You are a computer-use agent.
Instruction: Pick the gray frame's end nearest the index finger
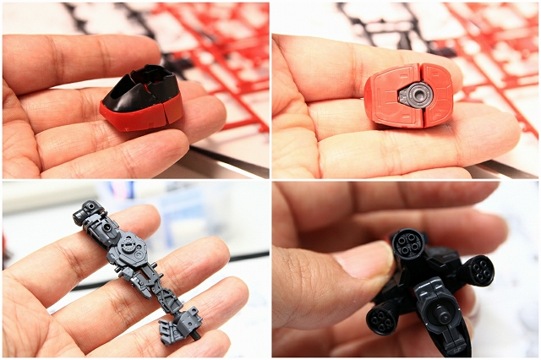(x=90, y=211)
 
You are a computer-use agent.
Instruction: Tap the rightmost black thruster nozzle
(x=478, y=271)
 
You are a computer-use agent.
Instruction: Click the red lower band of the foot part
(x=135, y=116)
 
